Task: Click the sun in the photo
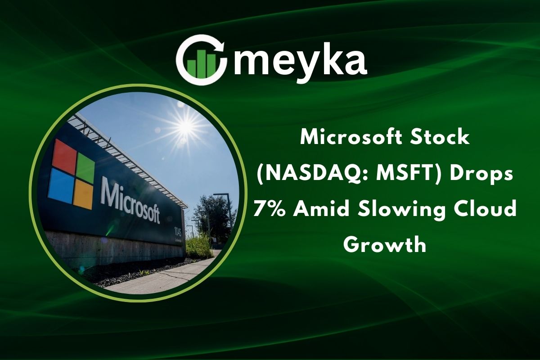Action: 185,127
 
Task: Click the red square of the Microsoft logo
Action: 64,154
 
